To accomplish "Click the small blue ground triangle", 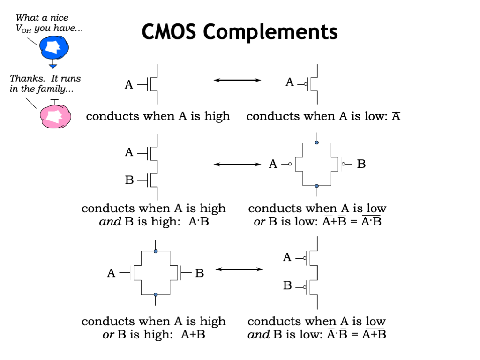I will click(53, 66).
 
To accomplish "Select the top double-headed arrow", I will click(237, 81).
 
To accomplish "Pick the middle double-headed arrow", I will click(237, 164).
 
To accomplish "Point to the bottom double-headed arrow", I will click(239, 269).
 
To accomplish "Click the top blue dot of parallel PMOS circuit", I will click(317, 142).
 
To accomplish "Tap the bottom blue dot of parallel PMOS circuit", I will click(317, 186).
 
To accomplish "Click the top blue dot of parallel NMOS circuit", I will click(156, 251).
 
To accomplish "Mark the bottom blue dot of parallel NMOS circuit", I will click(156, 295).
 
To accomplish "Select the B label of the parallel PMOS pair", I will click(361, 164).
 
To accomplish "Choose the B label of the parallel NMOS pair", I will click(200, 273).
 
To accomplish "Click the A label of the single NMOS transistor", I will click(129, 85).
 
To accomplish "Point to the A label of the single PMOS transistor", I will click(290, 83).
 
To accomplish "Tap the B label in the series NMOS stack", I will click(129, 180).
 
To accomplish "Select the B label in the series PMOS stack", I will click(288, 285).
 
